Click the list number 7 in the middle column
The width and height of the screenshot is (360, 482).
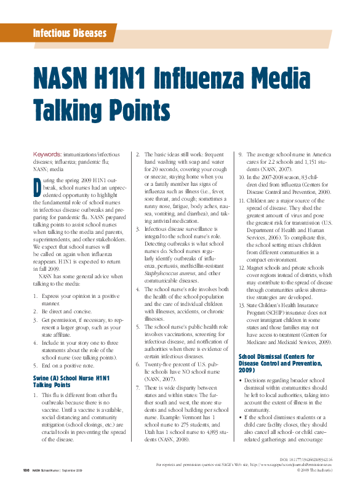pos(138,388)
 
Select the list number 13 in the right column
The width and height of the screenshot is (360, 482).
pos(242,305)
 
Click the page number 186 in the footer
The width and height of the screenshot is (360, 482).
pos(26,470)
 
